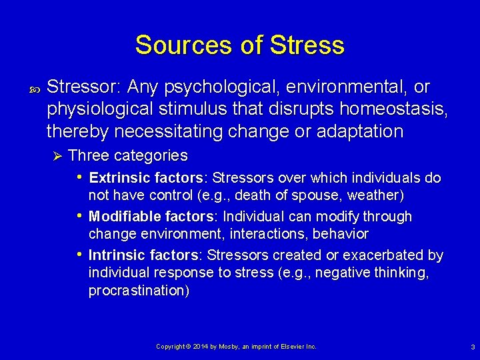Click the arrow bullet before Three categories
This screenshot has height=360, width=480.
[x=57, y=156]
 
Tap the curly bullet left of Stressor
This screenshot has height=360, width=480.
[x=34, y=88]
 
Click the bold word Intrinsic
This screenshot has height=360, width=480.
[x=111, y=255]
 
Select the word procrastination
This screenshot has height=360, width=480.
[x=137, y=291]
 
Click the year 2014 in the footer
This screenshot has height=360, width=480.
[x=200, y=347]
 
